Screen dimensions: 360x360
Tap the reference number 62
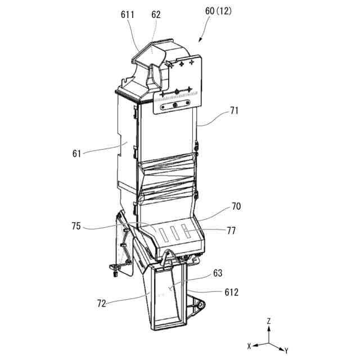click(156, 15)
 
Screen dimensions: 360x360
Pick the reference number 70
click(236, 206)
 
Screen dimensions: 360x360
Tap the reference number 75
click(77, 227)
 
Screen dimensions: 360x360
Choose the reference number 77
click(231, 230)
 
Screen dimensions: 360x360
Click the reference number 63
click(218, 273)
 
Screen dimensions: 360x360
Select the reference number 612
click(231, 292)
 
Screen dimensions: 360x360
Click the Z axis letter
click(269, 321)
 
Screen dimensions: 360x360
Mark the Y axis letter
click(286, 350)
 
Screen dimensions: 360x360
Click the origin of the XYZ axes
click(269, 343)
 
